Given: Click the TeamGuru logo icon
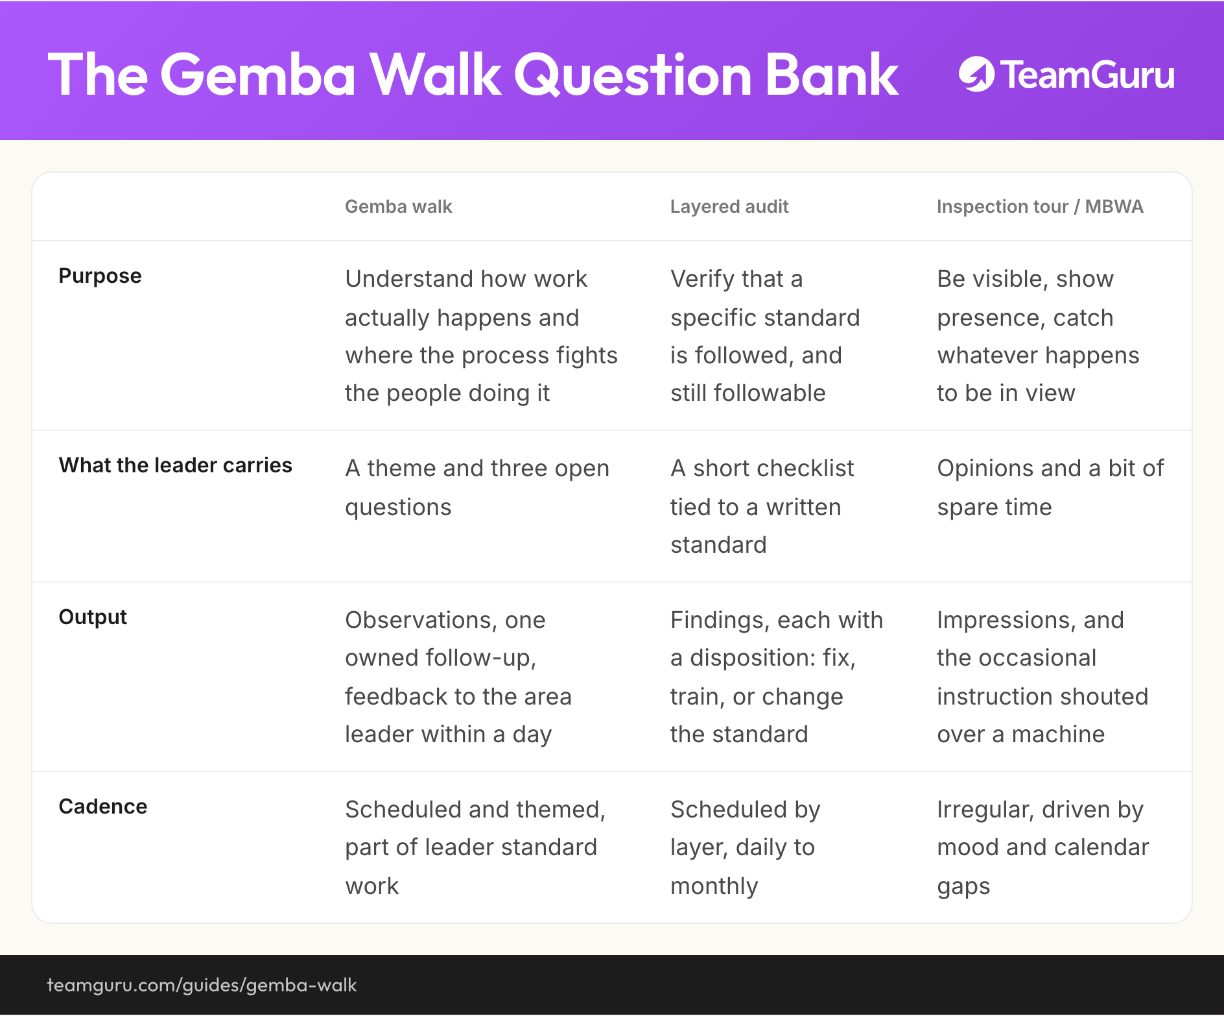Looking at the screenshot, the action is (976, 75).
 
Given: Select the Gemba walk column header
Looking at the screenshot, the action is (398, 206).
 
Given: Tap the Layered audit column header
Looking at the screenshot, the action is (729, 206).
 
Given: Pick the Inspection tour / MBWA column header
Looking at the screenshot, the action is (1040, 206).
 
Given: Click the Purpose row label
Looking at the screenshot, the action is (100, 276).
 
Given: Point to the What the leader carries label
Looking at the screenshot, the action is (175, 465).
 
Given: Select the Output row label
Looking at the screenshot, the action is (93, 617).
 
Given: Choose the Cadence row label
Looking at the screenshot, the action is (103, 806).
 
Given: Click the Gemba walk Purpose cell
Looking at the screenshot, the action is (481, 336).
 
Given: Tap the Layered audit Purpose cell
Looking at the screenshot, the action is (765, 336).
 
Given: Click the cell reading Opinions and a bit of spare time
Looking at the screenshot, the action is (1050, 487).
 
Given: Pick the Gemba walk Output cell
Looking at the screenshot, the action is (458, 677).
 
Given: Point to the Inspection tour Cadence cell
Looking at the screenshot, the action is (1042, 848).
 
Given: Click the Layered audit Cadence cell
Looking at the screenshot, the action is (745, 848).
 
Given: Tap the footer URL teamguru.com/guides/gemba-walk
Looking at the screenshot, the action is (202, 985).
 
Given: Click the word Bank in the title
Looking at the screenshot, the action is (832, 75).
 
